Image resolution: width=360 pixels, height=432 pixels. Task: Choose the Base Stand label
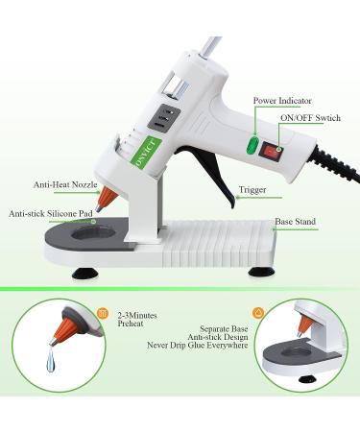point(296,222)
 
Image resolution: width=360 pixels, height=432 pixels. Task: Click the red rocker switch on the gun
point(276,150)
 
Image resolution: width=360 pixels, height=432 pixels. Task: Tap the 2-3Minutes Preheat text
point(138,320)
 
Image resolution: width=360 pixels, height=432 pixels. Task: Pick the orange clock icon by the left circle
point(103,311)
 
